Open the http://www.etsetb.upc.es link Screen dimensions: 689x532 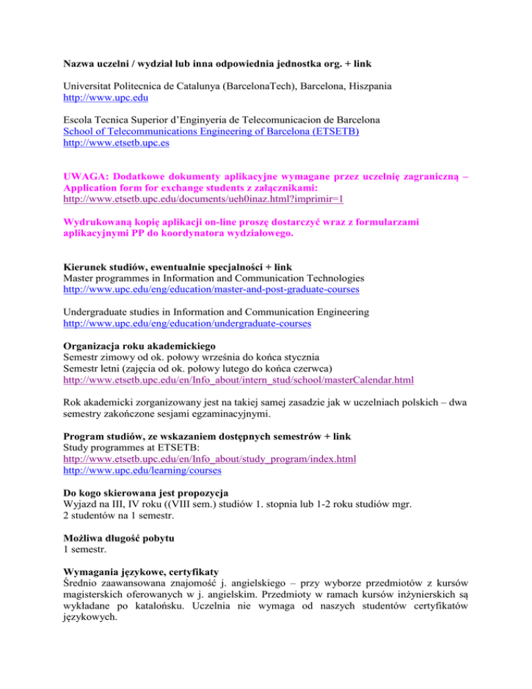coord(116,144)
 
